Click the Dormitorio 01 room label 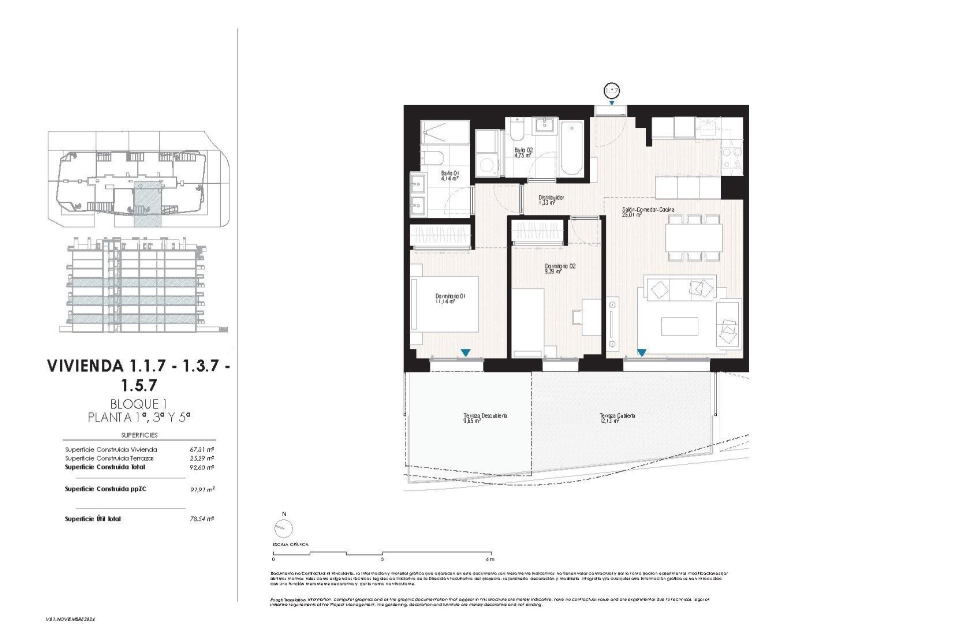pyautogui.click(x=451, y=299)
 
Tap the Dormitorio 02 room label pyautogui.click(x=560, y=269)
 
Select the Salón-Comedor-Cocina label pyautogui.click(x=648, y=212)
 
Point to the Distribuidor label pyautogui.click(x=551, y=200)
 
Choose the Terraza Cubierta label pyautogui.click(x=617, y=418)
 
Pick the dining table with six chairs pyautogui.click(x=694, y=237)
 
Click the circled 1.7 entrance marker pyautogui.click(x=611, y=91)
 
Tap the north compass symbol pyautogui.click(x=284, y=527)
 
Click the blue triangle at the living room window pyautogui.click(x=641, y=352)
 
